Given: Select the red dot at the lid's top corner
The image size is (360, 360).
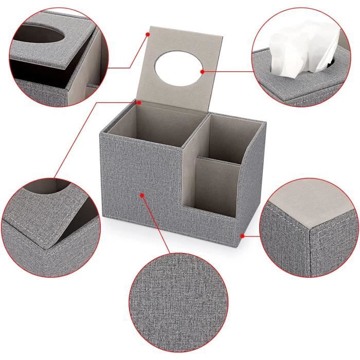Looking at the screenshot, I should tap(147, 33).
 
